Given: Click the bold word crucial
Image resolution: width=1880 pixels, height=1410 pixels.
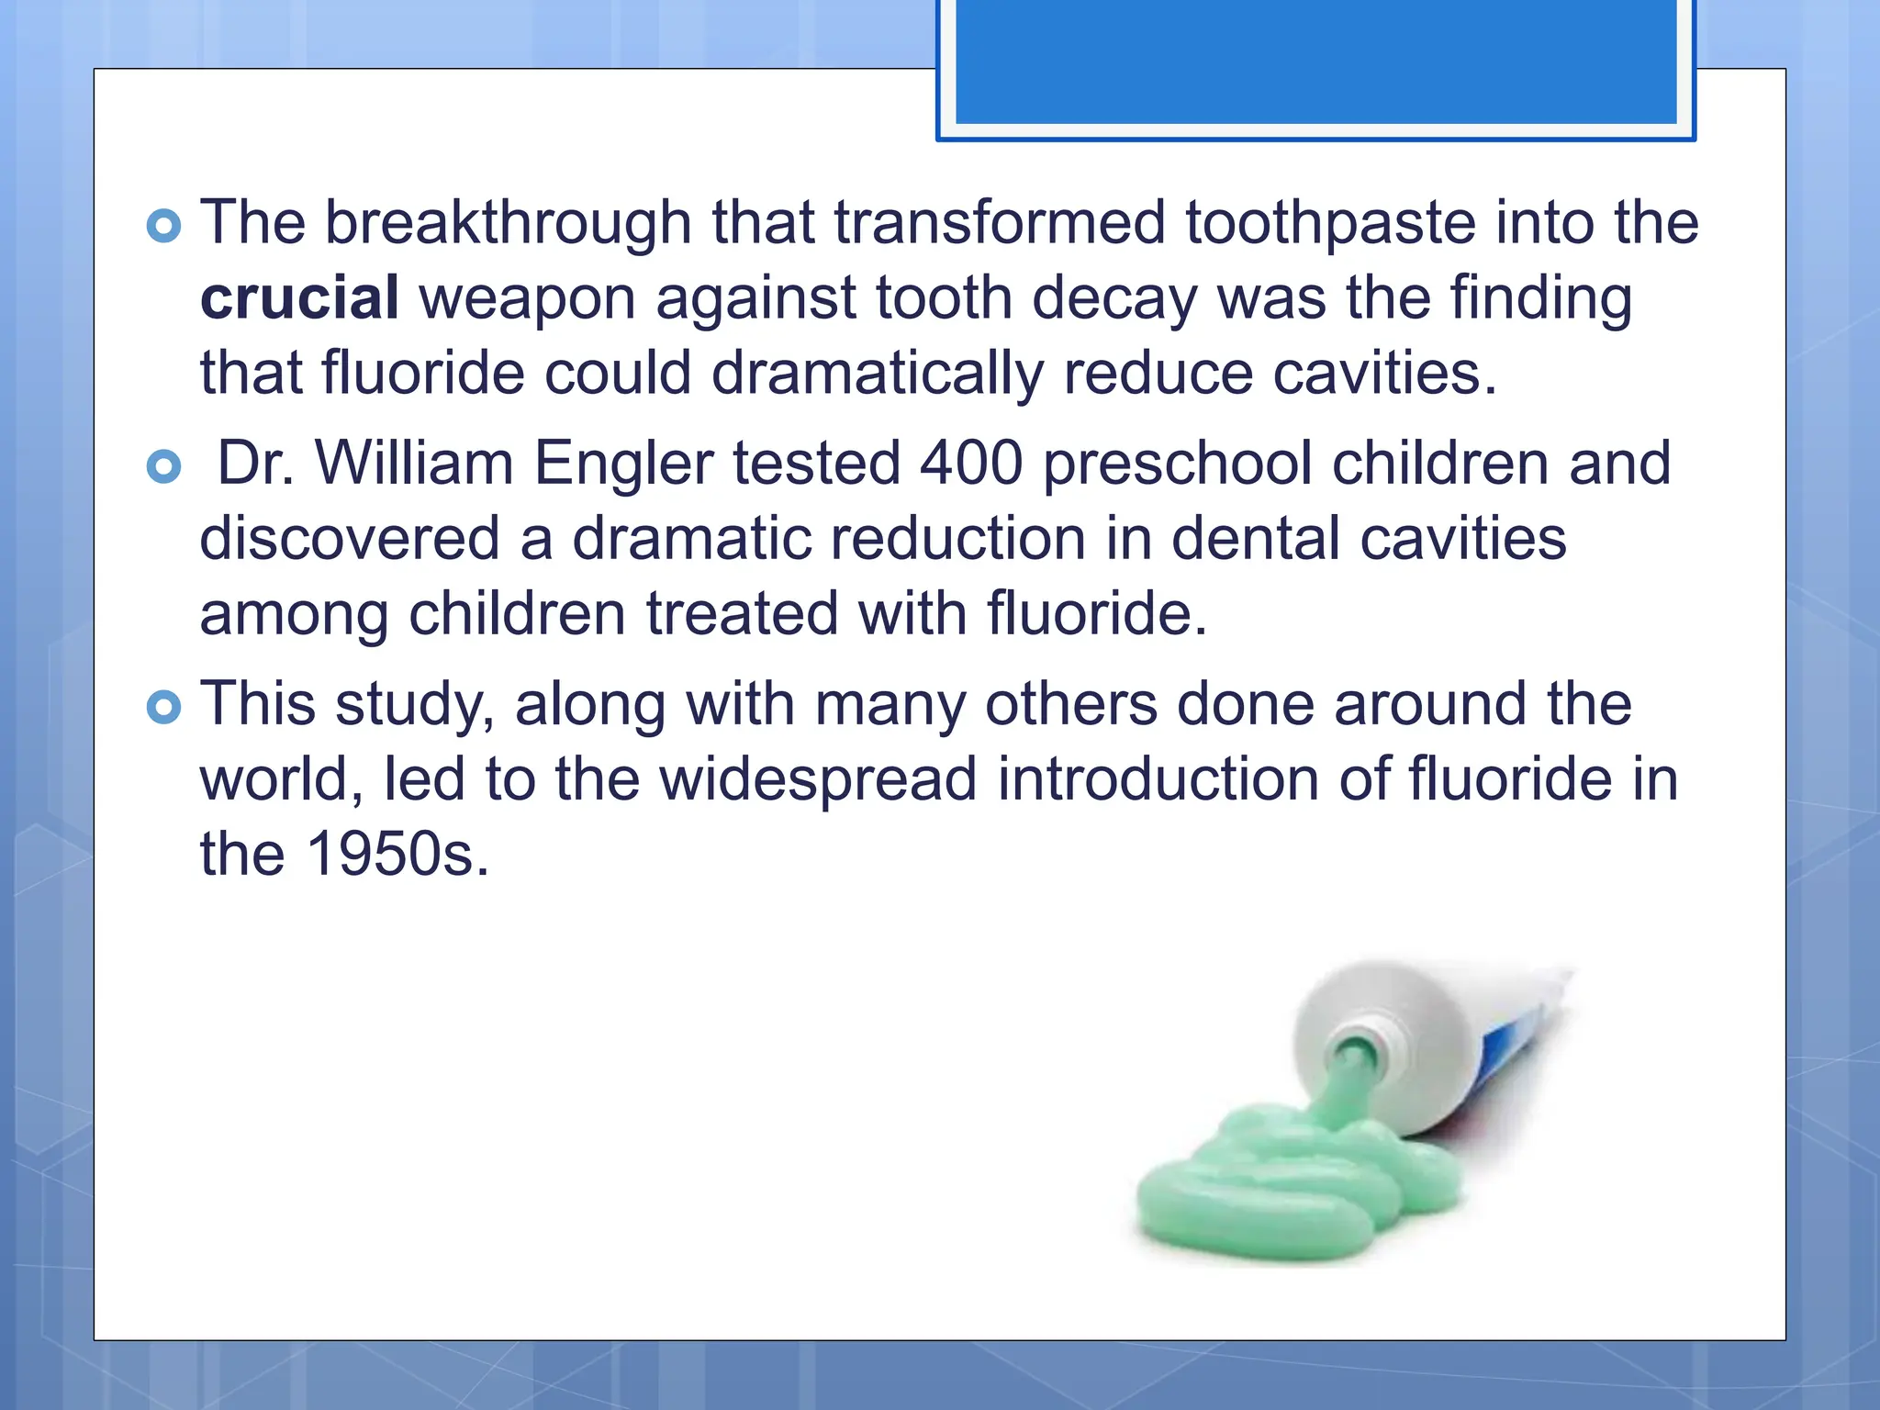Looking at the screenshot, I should pos(299,298).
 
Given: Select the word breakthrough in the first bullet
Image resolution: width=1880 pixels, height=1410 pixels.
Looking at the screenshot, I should pos(508,223).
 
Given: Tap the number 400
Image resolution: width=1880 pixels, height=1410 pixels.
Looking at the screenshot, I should pos(971,463).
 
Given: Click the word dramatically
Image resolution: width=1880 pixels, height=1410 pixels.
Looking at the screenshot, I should pos(877,375).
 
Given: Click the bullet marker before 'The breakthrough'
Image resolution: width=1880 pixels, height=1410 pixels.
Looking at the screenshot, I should pos(164,226).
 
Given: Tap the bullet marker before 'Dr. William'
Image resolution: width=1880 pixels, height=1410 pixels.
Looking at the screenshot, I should pos(164,466).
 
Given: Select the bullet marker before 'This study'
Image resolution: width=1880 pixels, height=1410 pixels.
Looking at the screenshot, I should pos(164,707).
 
